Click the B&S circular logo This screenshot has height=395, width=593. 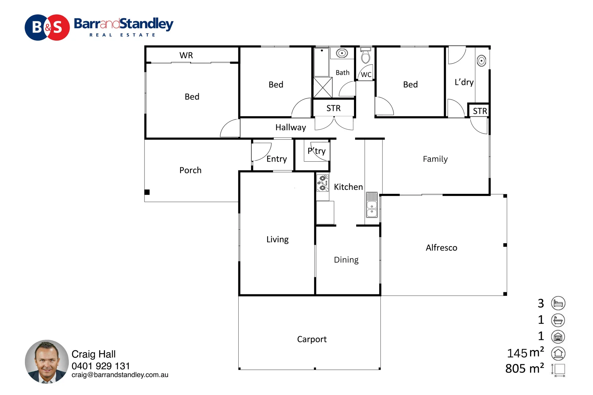coord(47,27)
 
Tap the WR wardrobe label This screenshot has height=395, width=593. coord(186,55)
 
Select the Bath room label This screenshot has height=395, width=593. coord(342,73)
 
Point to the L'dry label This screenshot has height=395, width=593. coord(464,82)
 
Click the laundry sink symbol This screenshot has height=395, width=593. coord(481,60)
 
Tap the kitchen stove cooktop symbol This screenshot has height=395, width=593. coord(322,183)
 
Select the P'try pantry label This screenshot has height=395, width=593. coord(317,151)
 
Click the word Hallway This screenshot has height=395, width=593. coord(290,127)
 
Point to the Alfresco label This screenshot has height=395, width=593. coord(441,248)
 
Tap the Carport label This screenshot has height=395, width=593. coord(312,339)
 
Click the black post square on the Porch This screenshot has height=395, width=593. coord(147,192)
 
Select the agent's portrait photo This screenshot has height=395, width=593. coord(46,361)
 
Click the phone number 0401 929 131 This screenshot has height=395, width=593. coord(101,366)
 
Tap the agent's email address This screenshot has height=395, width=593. coord(120,375)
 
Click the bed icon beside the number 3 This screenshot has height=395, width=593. coord(558,303)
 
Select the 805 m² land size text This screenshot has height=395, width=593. coord(524,368)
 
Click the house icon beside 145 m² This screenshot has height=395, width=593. coord(558,353)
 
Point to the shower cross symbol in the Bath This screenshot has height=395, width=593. coord(323,87)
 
